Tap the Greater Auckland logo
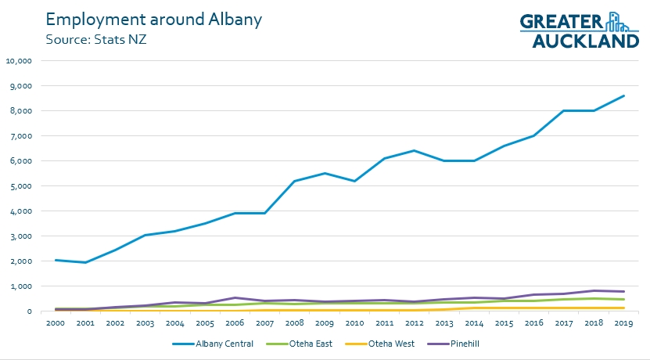580,30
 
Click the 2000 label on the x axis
55,322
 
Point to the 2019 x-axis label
623,322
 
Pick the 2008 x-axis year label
294,322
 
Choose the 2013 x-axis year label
444,322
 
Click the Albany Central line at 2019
623,95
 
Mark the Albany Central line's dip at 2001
84,262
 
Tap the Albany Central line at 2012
414,150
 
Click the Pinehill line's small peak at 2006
234,297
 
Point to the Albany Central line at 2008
294,181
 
